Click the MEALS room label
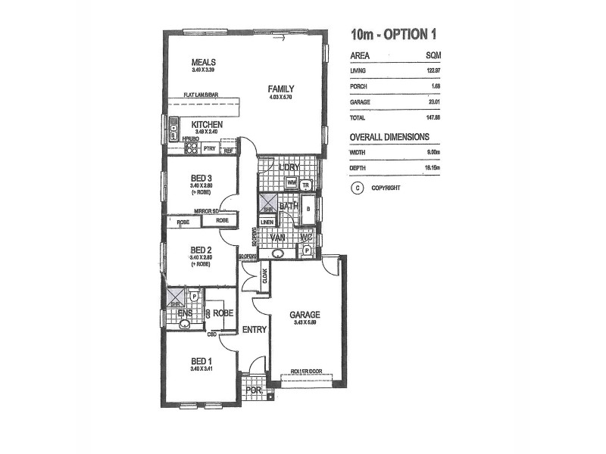204,62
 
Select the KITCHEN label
206,124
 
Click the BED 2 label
200,250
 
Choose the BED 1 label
201,361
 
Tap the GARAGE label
305,315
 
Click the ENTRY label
253,329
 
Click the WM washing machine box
292,184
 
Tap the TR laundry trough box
306,185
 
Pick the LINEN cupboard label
267,221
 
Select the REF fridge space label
228,151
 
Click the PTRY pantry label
208,150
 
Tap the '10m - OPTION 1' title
393,35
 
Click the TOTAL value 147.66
433,117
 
